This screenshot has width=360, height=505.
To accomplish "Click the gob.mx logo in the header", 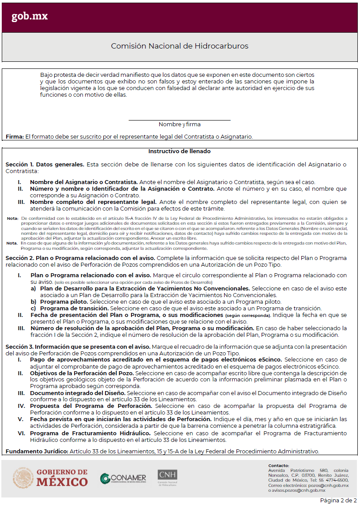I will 29,16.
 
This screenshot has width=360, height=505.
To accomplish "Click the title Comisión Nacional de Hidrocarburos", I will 180,46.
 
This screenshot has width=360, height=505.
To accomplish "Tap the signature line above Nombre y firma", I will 180,120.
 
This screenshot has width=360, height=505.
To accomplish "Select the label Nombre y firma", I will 180,124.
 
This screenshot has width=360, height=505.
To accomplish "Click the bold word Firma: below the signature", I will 15,137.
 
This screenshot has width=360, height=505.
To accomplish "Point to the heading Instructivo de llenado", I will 180,151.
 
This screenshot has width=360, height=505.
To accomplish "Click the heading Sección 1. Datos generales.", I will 45,165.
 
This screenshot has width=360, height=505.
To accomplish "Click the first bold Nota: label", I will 12,218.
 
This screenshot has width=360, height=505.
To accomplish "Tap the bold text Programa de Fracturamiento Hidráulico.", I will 91,433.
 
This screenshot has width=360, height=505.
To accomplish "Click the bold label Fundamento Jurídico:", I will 37,452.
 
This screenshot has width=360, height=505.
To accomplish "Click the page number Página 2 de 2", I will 338,500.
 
